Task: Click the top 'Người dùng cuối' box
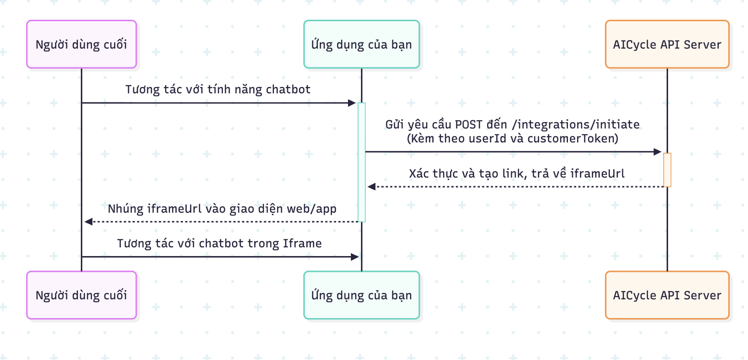point(81,44)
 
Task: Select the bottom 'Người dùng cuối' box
point(81,295)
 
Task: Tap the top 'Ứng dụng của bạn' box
point(361,44)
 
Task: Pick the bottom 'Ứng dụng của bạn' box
point(361,295)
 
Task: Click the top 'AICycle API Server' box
point(667,44)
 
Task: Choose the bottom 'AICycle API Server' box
point(667,295)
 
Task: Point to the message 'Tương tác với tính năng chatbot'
point(218,89)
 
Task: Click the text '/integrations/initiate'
point(576,125)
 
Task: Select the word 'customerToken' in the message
point(571,139)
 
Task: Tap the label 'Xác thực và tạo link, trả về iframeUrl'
point(516,173)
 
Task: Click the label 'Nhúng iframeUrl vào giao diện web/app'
point(222,208)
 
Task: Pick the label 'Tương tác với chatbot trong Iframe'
point(219,243)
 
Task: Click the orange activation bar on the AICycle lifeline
point(667,169)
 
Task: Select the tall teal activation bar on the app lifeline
point(361,162)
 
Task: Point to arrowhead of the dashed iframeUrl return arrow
point(371,186)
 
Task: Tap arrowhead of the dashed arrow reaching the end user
point(88,221)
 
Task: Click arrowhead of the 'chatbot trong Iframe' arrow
point(355,257)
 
